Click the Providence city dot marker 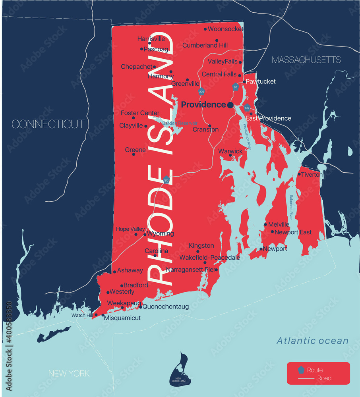coord(230,105)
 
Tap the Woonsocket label coord(225,29)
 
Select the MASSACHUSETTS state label coord(306,60)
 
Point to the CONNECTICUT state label coord(48,124)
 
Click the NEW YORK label coord(69,374)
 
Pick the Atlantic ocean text coord(312,341)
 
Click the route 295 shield coord(202,91)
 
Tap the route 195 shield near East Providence coord(247,108)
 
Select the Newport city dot coord(261,249)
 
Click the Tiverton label coord(312,175)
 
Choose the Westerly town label coord(122,292)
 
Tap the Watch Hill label coord(82,315)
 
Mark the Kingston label coord(201,246)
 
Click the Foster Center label coord(140,113)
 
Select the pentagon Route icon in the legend coord(301,370)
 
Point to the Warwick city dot coord(230,155)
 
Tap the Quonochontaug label coord(165,307)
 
